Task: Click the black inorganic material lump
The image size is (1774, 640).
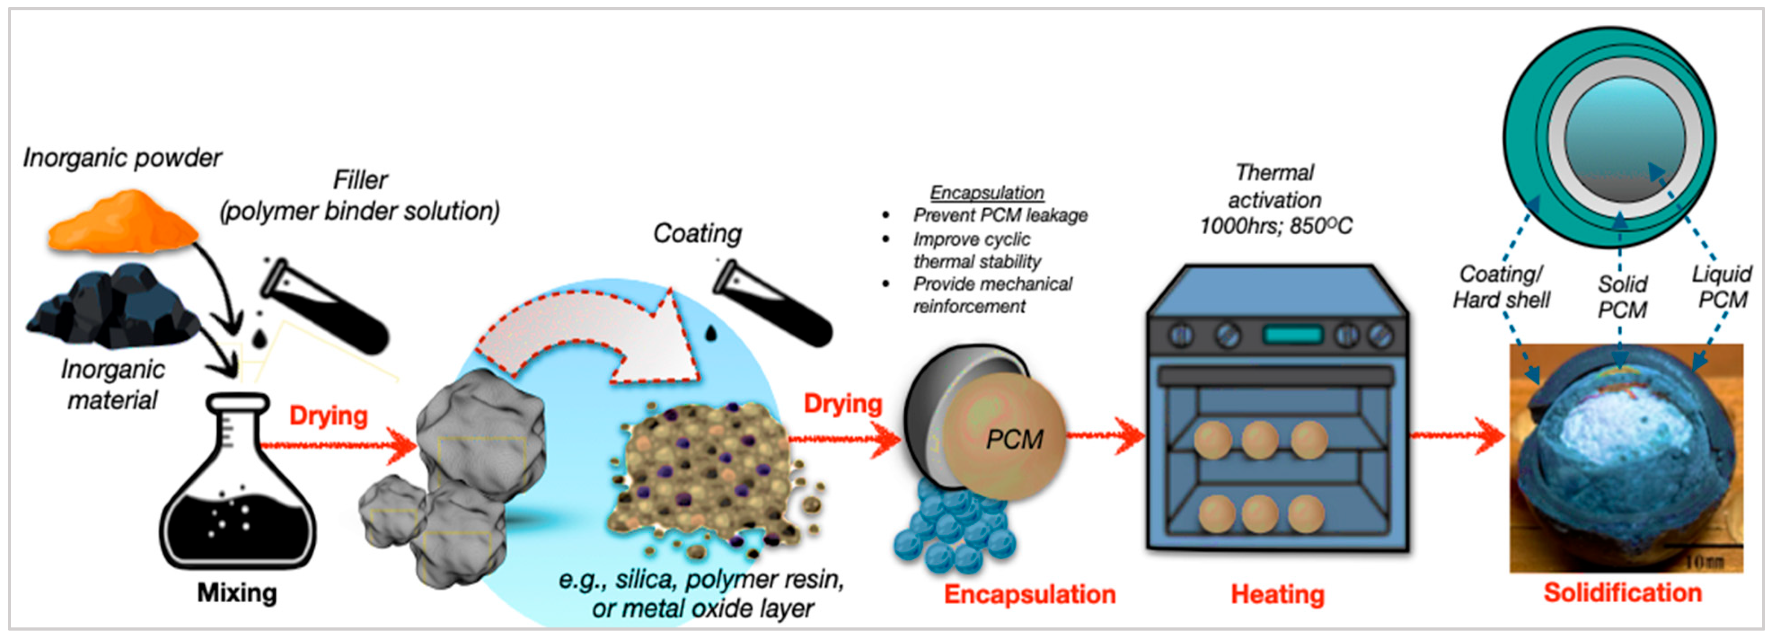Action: [114, 306]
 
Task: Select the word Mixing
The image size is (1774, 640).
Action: [237, 592]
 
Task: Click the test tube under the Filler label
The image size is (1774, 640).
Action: [324, 303]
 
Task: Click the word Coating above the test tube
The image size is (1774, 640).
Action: [697, 233]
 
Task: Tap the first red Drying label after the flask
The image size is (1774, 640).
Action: [329, 416]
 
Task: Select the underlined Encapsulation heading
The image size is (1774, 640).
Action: [987, 193]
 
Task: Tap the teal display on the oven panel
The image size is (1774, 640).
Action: [1293, 335]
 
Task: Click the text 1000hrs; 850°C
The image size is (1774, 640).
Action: [1276, 226]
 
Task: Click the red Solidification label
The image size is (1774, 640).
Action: [1623, 592]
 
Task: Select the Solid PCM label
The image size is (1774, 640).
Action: [1623, 297]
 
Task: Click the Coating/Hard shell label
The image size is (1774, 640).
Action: [1501, 287]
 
